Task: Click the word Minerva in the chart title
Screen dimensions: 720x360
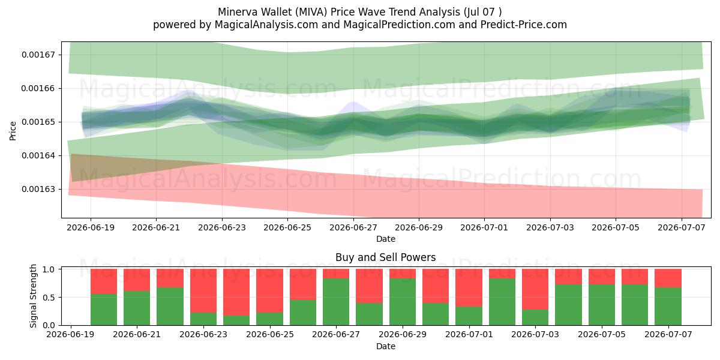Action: click(238, 12)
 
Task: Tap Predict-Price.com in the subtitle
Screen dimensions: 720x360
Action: click(524, 25)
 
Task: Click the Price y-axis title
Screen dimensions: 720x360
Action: click(13, 131)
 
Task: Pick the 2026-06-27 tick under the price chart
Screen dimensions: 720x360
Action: click(353, 227)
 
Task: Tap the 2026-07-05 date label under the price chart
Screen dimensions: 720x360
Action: click(616, 227)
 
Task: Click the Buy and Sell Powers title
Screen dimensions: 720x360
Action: click(385, 257)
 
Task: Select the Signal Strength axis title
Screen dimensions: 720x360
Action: click(33, 296)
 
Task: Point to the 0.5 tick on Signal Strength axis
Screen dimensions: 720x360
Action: click(49, 298)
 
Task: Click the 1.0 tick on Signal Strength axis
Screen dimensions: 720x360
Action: click(49, 269)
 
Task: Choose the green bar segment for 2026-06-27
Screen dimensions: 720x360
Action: click(336, 302)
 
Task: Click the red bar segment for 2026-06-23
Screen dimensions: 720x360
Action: click(203, 291)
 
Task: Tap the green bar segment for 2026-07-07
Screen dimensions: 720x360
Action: click(668, 307)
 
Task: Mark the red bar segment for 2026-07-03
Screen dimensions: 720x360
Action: click(535, 289)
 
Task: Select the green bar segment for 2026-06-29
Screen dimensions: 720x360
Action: click(403, 302)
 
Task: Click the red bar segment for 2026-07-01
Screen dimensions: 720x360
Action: click(469, 287)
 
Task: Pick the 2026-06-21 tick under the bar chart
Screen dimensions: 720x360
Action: click(137, 335)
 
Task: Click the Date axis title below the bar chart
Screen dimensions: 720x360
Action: click(385, 346)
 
